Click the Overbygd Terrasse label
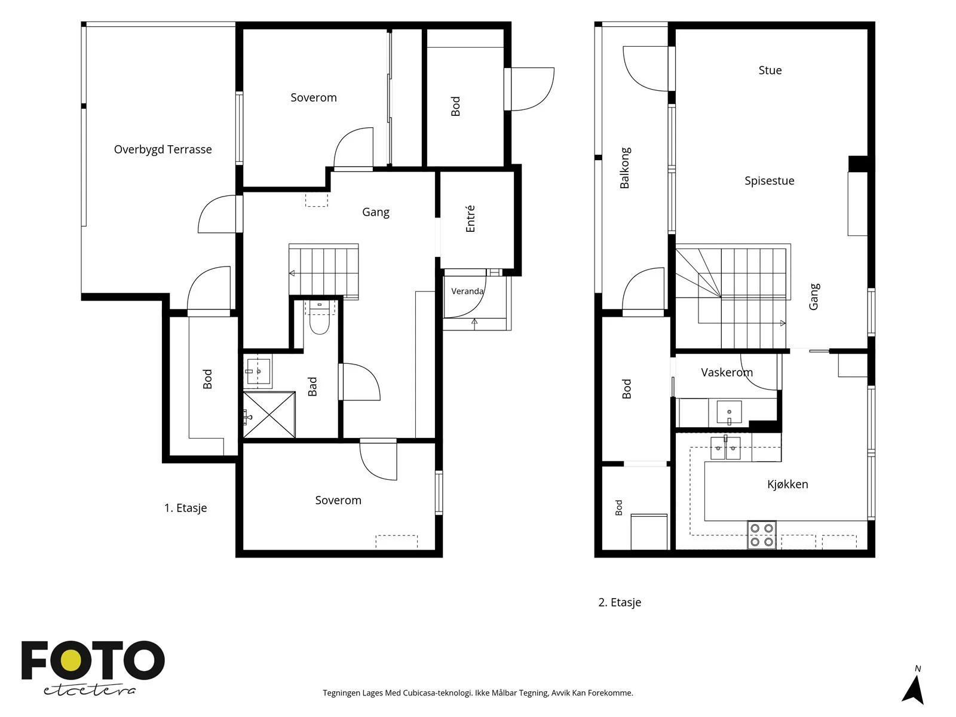(x=163, y=149)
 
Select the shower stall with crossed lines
(x=269, y=415)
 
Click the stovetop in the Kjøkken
(x=762, y=535)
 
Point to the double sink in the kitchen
(x=725, y=448)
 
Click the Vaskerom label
(x=727, y=372)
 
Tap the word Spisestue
(x=769, y=180)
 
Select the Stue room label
(x=770, y=70)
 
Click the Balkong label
(x=624, y=168)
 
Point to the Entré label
(x=470, y=219)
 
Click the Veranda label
(x=467, y=291)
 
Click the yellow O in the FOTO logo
(x=71, y=660)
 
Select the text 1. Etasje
(x=186, y=508)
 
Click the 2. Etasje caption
(x=620, y=602)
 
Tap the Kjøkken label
(x=788, y=484)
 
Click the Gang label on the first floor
(x=375, y=213)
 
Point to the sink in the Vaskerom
(x=729, y=412)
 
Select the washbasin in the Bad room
(x=258, y=371)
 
